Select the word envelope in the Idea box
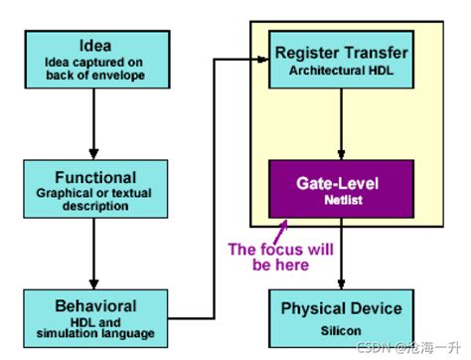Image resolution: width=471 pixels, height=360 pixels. [127, 74]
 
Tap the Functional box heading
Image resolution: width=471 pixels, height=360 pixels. [93, 176]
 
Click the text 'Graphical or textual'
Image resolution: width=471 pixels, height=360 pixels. [93, 192]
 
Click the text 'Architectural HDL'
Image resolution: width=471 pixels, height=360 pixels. [341, 71]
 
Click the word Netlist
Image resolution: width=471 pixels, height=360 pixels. [341, 200]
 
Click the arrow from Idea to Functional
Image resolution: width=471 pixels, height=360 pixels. [93, 124]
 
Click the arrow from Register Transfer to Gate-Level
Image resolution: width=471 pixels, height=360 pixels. [341, 124]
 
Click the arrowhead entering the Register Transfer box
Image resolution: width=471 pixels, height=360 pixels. [263, 59]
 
